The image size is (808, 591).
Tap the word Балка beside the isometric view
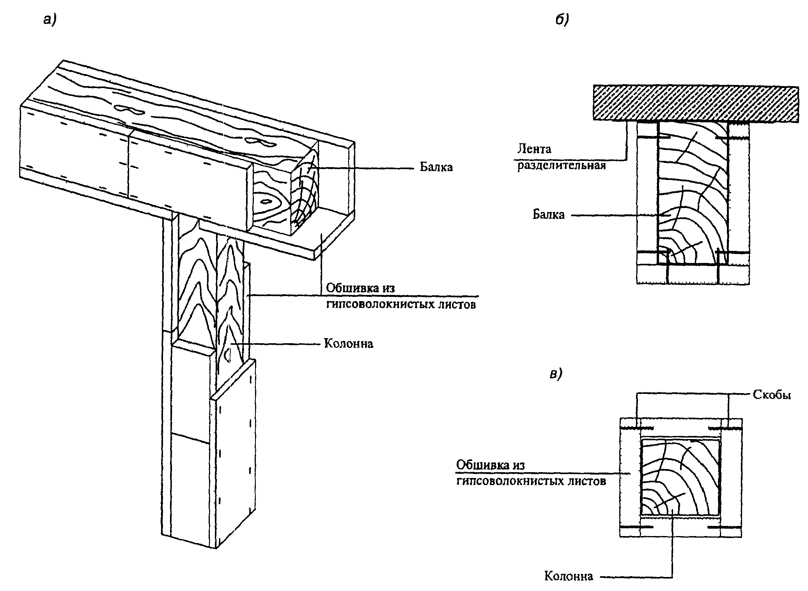pyautogui.click(x=436, y=167)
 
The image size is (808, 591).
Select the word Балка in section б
pyautogui.click(x=549, y=215)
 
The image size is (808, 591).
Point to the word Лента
pyautogui.click(x=534, y=148)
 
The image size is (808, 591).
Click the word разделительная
pyautogui.click(x=562, y=166)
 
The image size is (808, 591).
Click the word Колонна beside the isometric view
pyautogui.click(x=349, y=344)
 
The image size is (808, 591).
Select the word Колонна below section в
pyautogui.click(x=569, y=576)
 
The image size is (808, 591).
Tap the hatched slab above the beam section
pyautogui.click(x=695, y=103)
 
